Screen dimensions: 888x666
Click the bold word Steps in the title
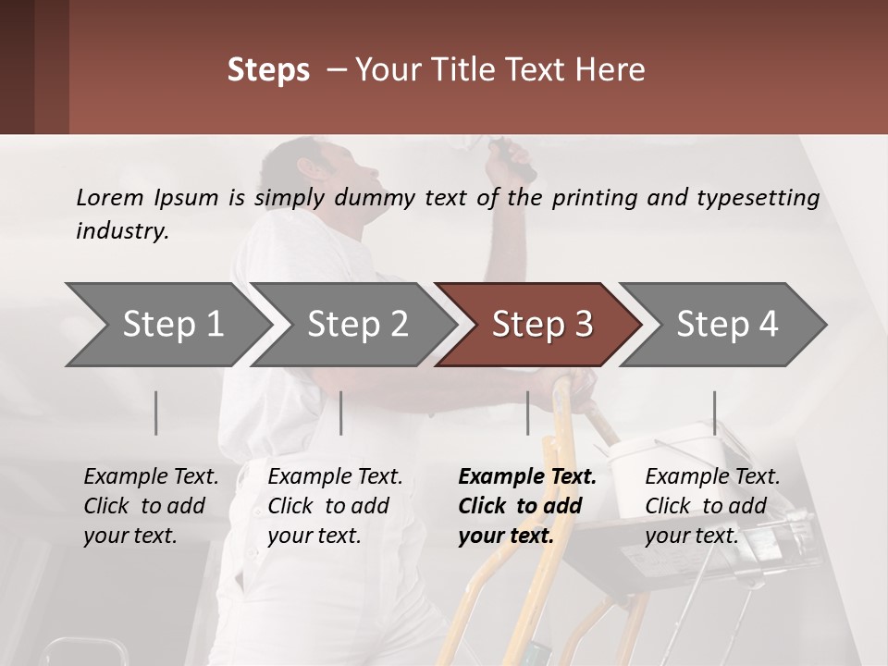point(268,70)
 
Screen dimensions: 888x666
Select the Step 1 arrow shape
point(168,325)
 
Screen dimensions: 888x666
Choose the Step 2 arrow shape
point(353,325)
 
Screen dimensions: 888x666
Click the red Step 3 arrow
point(538,325)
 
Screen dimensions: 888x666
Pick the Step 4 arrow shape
point(722,325)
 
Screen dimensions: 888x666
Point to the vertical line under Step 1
point(155,413)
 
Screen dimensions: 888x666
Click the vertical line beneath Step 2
point(341,413)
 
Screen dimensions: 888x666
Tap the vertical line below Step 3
point(527,413)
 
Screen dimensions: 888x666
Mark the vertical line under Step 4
point(714,413)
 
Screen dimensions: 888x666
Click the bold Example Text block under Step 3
point(527,506)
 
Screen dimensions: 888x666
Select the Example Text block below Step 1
point(151,506)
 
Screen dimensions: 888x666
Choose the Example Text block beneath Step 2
point(335,506)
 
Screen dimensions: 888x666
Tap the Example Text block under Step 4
point(712,506)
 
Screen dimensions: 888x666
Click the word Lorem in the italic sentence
point(110,198)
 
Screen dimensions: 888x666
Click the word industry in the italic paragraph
point(122,231)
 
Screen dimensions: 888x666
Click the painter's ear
point(307,168)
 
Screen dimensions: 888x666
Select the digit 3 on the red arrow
point(584,324)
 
